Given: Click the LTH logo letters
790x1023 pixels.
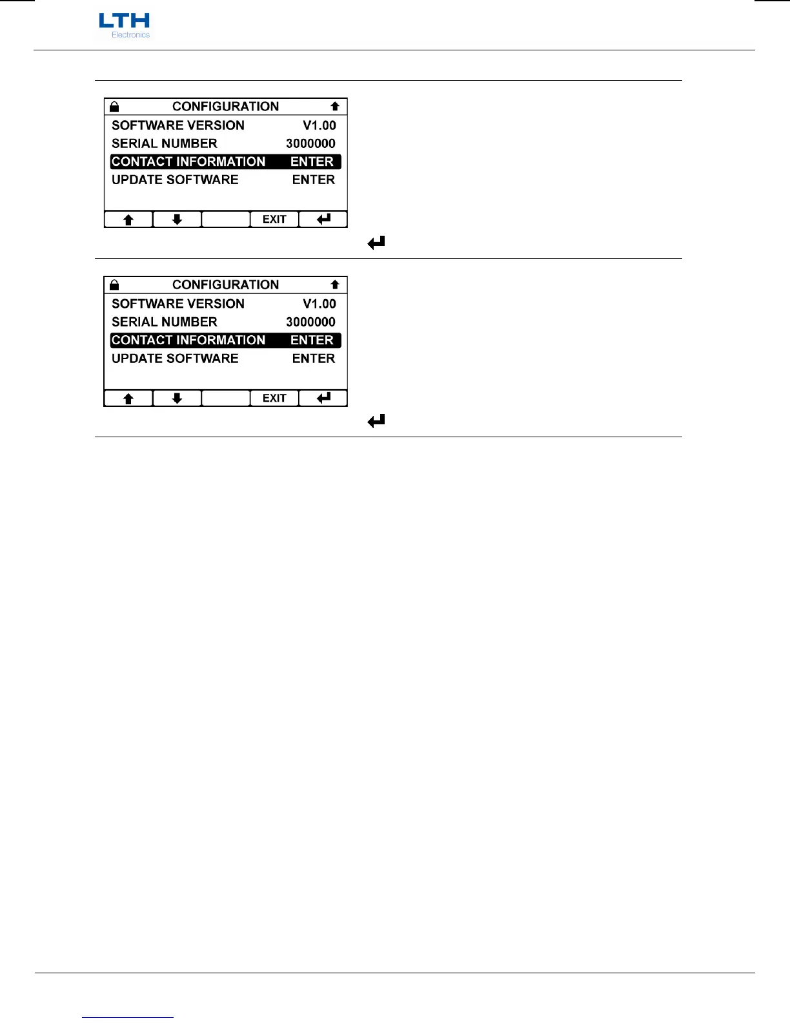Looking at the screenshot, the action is pos(124,21).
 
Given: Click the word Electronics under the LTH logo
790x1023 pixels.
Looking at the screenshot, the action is pos(130,35).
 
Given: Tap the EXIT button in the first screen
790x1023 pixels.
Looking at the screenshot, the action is pos(274,220).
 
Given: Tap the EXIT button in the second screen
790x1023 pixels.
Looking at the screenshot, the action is pos(274,398).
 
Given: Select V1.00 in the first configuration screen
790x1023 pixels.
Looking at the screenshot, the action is pos(319,125).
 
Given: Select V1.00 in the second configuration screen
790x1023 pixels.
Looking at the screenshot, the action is pos(319,304).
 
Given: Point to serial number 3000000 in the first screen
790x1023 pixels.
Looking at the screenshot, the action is pos(310,143).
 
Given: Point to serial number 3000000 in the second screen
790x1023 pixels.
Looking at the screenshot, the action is pos(310,322).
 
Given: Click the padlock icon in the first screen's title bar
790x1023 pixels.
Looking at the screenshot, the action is pos(114,107).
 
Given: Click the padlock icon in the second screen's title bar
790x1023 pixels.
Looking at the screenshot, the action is pos(114,285).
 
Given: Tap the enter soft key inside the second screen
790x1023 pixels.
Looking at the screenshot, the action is pos(323,398).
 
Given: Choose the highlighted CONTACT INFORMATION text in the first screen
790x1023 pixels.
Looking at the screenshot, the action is pos(188,161).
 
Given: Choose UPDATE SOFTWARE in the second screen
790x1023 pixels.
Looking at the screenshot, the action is pos(175,358).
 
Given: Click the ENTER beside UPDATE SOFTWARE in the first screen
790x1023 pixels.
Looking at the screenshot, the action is pos(314,180).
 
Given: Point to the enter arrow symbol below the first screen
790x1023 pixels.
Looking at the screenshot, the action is pos(376,243).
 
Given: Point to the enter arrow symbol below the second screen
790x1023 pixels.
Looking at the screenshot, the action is pos(376,421).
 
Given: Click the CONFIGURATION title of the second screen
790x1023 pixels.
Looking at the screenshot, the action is pos(225,285).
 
